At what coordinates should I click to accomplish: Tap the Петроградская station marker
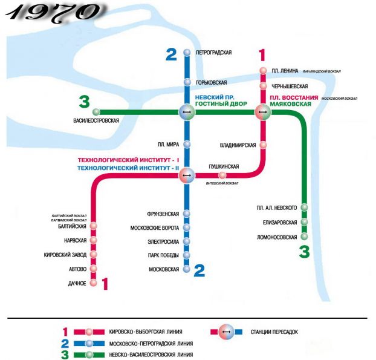[x=187, y=53]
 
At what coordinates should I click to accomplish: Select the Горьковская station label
[x=212, y=82]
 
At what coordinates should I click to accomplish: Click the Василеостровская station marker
[x=96, y=111]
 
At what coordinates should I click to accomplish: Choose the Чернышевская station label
[x=290, y=87]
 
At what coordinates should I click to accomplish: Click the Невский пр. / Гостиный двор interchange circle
[x=187, y=111]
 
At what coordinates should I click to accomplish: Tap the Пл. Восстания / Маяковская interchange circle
[x=263, y=111]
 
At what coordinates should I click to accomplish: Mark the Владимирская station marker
[x=263, y=145]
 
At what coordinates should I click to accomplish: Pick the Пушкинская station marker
[x=222, y=175]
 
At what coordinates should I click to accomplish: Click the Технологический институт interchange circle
[x=187, y=175]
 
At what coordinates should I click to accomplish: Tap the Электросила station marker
[x=187, y=241]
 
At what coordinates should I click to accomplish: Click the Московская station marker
[x=187, y=269]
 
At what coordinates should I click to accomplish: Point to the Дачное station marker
[x=93, y=283]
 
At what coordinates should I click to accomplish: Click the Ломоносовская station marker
[x=305, y=236]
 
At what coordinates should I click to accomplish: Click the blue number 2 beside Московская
[x=199, y=270]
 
